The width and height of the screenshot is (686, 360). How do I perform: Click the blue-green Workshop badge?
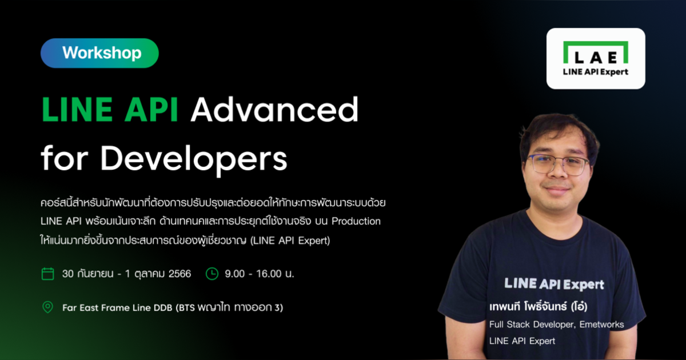click(x=99, y=53)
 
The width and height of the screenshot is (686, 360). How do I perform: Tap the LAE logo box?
click(x=596, y=58)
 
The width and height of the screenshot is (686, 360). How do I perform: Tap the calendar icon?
click(x=48, y=274)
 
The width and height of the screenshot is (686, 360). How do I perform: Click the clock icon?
click(x=212, y=274)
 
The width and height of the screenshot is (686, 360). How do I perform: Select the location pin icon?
click(x=48, y=307)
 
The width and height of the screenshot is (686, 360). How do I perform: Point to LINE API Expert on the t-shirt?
click(x=553, y=283)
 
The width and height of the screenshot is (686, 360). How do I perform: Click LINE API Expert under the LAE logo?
click(x=596, y=72)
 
